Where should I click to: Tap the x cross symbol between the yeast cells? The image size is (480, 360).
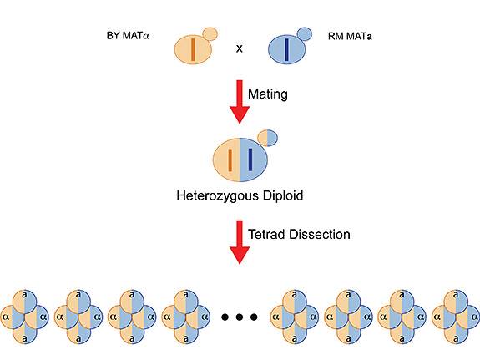(x=240, y=49)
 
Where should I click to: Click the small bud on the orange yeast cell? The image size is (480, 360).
(x=210, y=33)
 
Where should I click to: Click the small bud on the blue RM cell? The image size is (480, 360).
(x=305, y=33)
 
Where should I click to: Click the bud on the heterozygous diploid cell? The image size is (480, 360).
(x=267, y=136)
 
